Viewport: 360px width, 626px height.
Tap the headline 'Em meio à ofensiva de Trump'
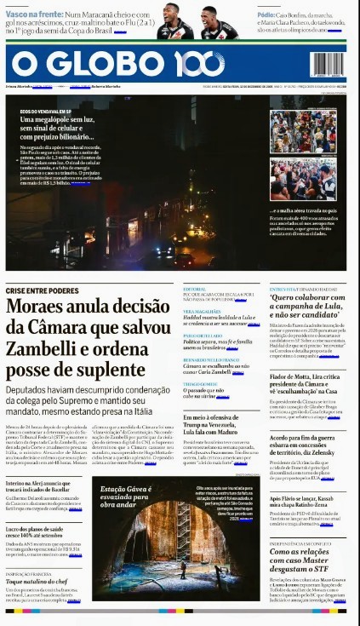coord(220,422)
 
